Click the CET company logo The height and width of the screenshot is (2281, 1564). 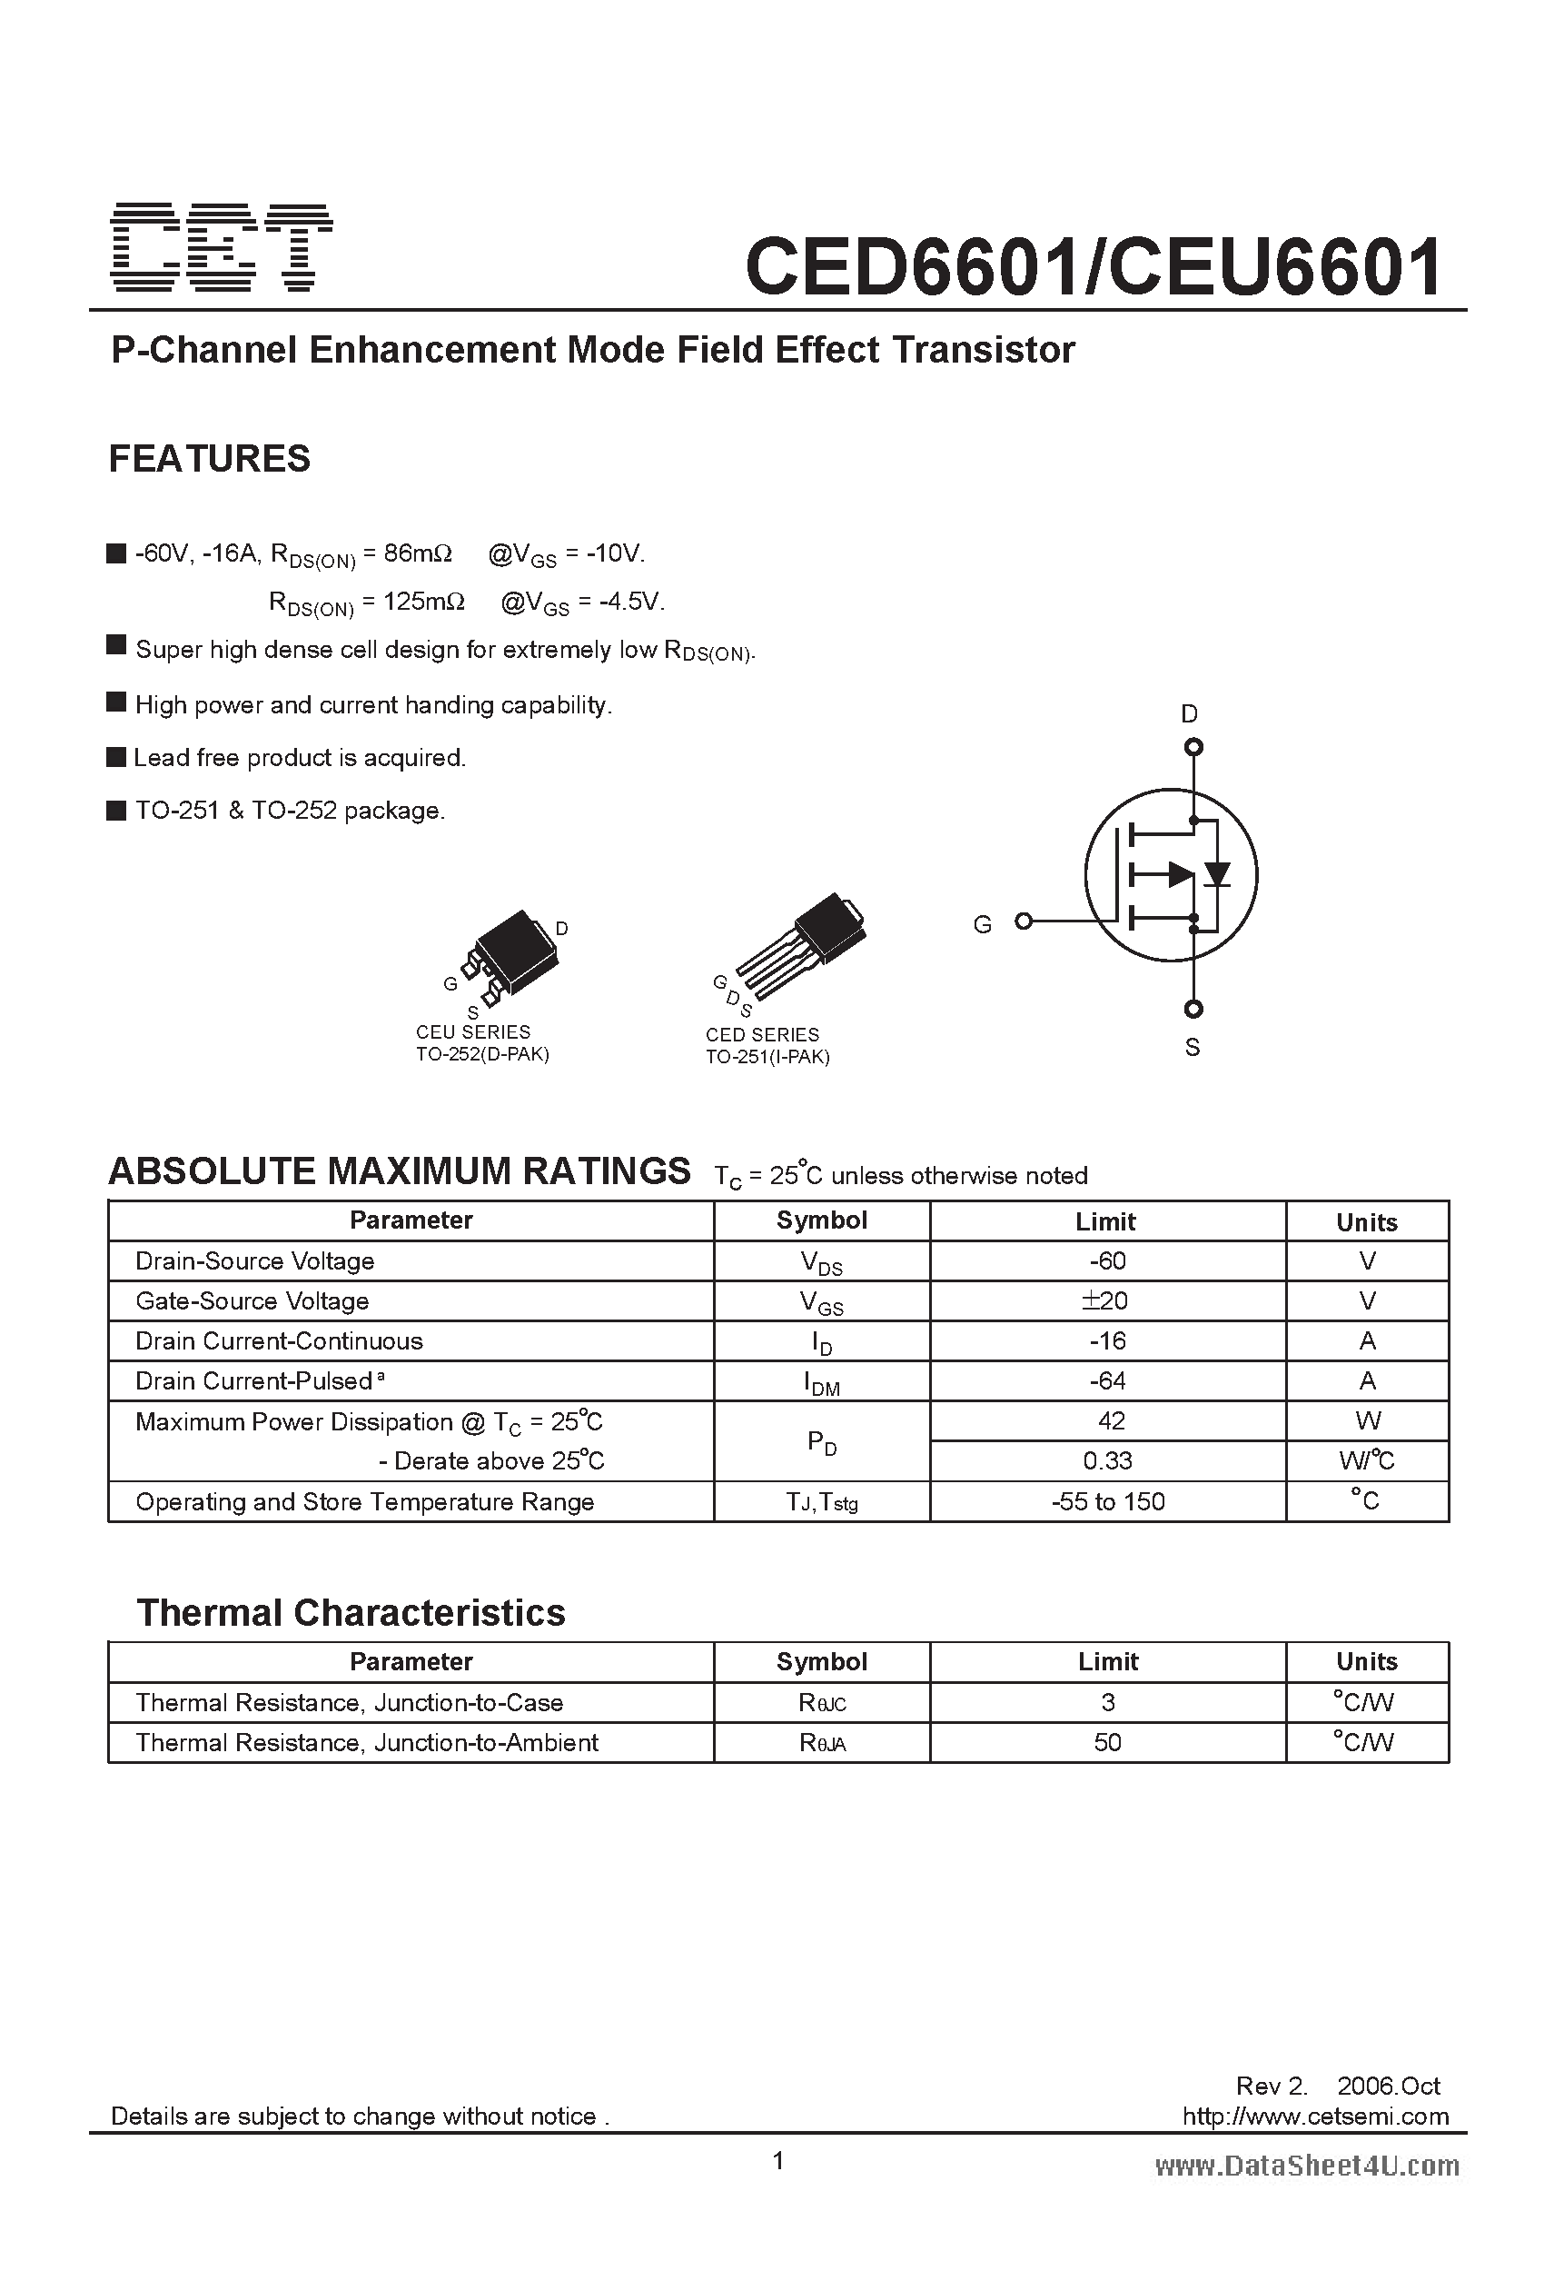[223, 247]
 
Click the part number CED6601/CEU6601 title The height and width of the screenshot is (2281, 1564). [1093, 266]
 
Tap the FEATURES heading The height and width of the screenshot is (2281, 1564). [209, 458]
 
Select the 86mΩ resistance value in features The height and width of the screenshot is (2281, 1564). [417, 553]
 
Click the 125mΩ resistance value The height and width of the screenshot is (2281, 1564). [424, 601]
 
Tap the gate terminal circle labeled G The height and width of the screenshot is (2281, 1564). [1024, 921]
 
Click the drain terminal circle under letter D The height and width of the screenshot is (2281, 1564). [1193, 747]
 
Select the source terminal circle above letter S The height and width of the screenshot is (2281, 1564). [1193, 1008]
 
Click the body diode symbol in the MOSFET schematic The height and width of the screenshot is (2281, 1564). [1218, 872]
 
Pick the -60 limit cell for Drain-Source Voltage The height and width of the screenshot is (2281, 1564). [1107, 1261]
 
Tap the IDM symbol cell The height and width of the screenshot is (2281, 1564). [821, 1382]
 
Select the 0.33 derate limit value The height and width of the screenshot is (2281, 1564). [1107, 1460]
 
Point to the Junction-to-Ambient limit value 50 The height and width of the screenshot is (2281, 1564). [1107, 1742]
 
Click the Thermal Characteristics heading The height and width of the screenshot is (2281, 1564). [351, 1612]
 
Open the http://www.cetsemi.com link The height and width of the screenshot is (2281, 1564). [1315, 2117]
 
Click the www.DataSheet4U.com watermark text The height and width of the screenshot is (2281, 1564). [1307, 2166]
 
